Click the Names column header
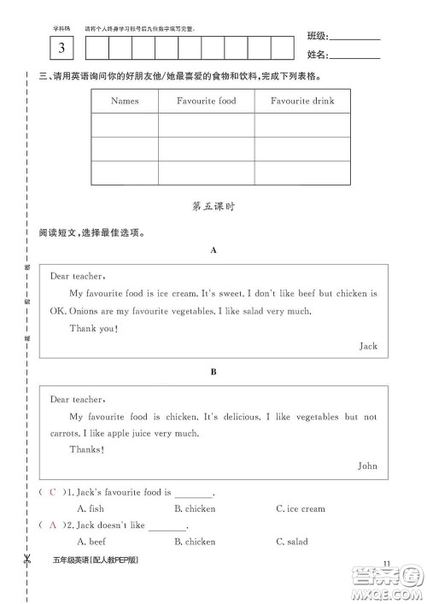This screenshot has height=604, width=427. coord(125,101)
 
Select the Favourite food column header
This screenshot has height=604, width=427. coord(206,101)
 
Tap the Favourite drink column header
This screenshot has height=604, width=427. coord(302,101)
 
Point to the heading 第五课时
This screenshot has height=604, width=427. coord(213,206)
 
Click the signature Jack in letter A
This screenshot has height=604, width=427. coord(368,346)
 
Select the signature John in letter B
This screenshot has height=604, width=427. coord(367,466)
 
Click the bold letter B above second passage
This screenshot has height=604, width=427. coord(213,372)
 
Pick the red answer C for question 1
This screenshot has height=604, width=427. coord(53,492)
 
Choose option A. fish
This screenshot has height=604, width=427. coord(91,508)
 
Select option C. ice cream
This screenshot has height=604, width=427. coord(301,508)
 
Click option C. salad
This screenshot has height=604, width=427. coord(292,541)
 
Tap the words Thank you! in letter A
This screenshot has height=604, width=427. coord(93,328)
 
